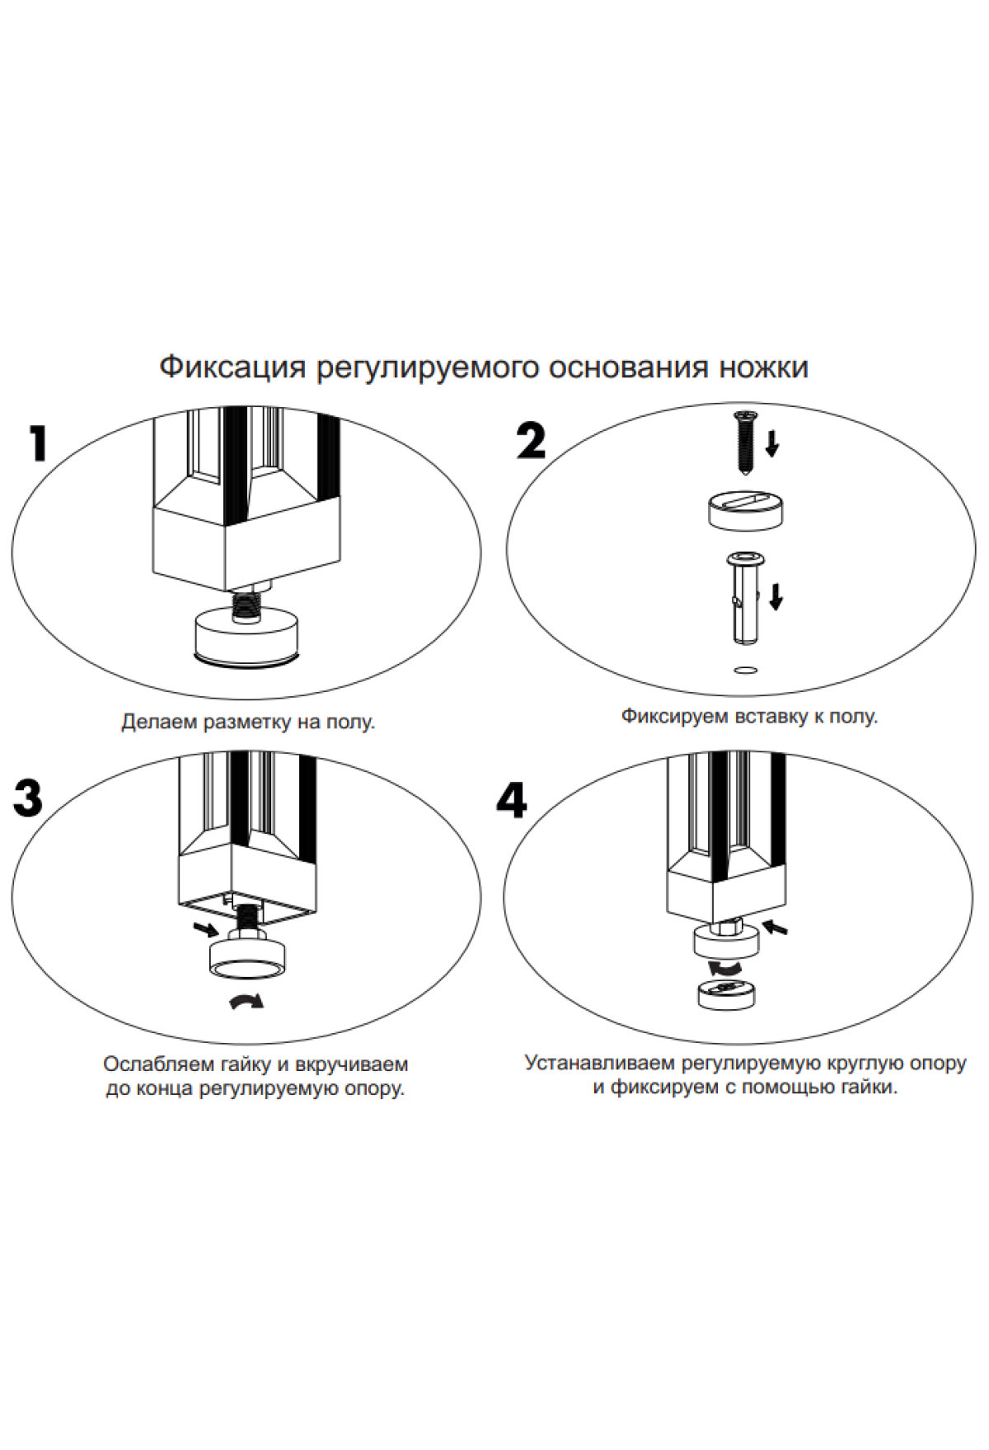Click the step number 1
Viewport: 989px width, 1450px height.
38,445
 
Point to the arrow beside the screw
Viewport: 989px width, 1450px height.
772,442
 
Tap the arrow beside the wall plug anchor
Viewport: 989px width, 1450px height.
775,596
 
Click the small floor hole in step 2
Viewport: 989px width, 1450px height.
744,670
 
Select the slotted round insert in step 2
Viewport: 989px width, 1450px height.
745,510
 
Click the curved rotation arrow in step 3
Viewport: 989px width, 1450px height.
246,1000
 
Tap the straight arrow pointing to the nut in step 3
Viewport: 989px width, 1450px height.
206,929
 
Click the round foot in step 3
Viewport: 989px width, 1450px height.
249,960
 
